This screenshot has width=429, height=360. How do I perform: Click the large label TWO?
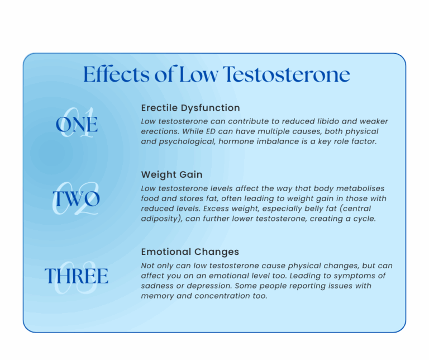[x=77, y=199]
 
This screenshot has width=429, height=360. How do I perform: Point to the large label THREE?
[x=77, y=276]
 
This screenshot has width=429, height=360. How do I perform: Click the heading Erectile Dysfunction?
[x=190, y=108]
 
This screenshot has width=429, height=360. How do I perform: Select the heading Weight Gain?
[x=171, y=175]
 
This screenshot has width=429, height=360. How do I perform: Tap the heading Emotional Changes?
[x=190, y=252]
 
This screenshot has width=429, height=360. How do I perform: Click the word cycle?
[x=361, y=219]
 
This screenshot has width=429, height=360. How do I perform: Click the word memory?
[x=156, y=296]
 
